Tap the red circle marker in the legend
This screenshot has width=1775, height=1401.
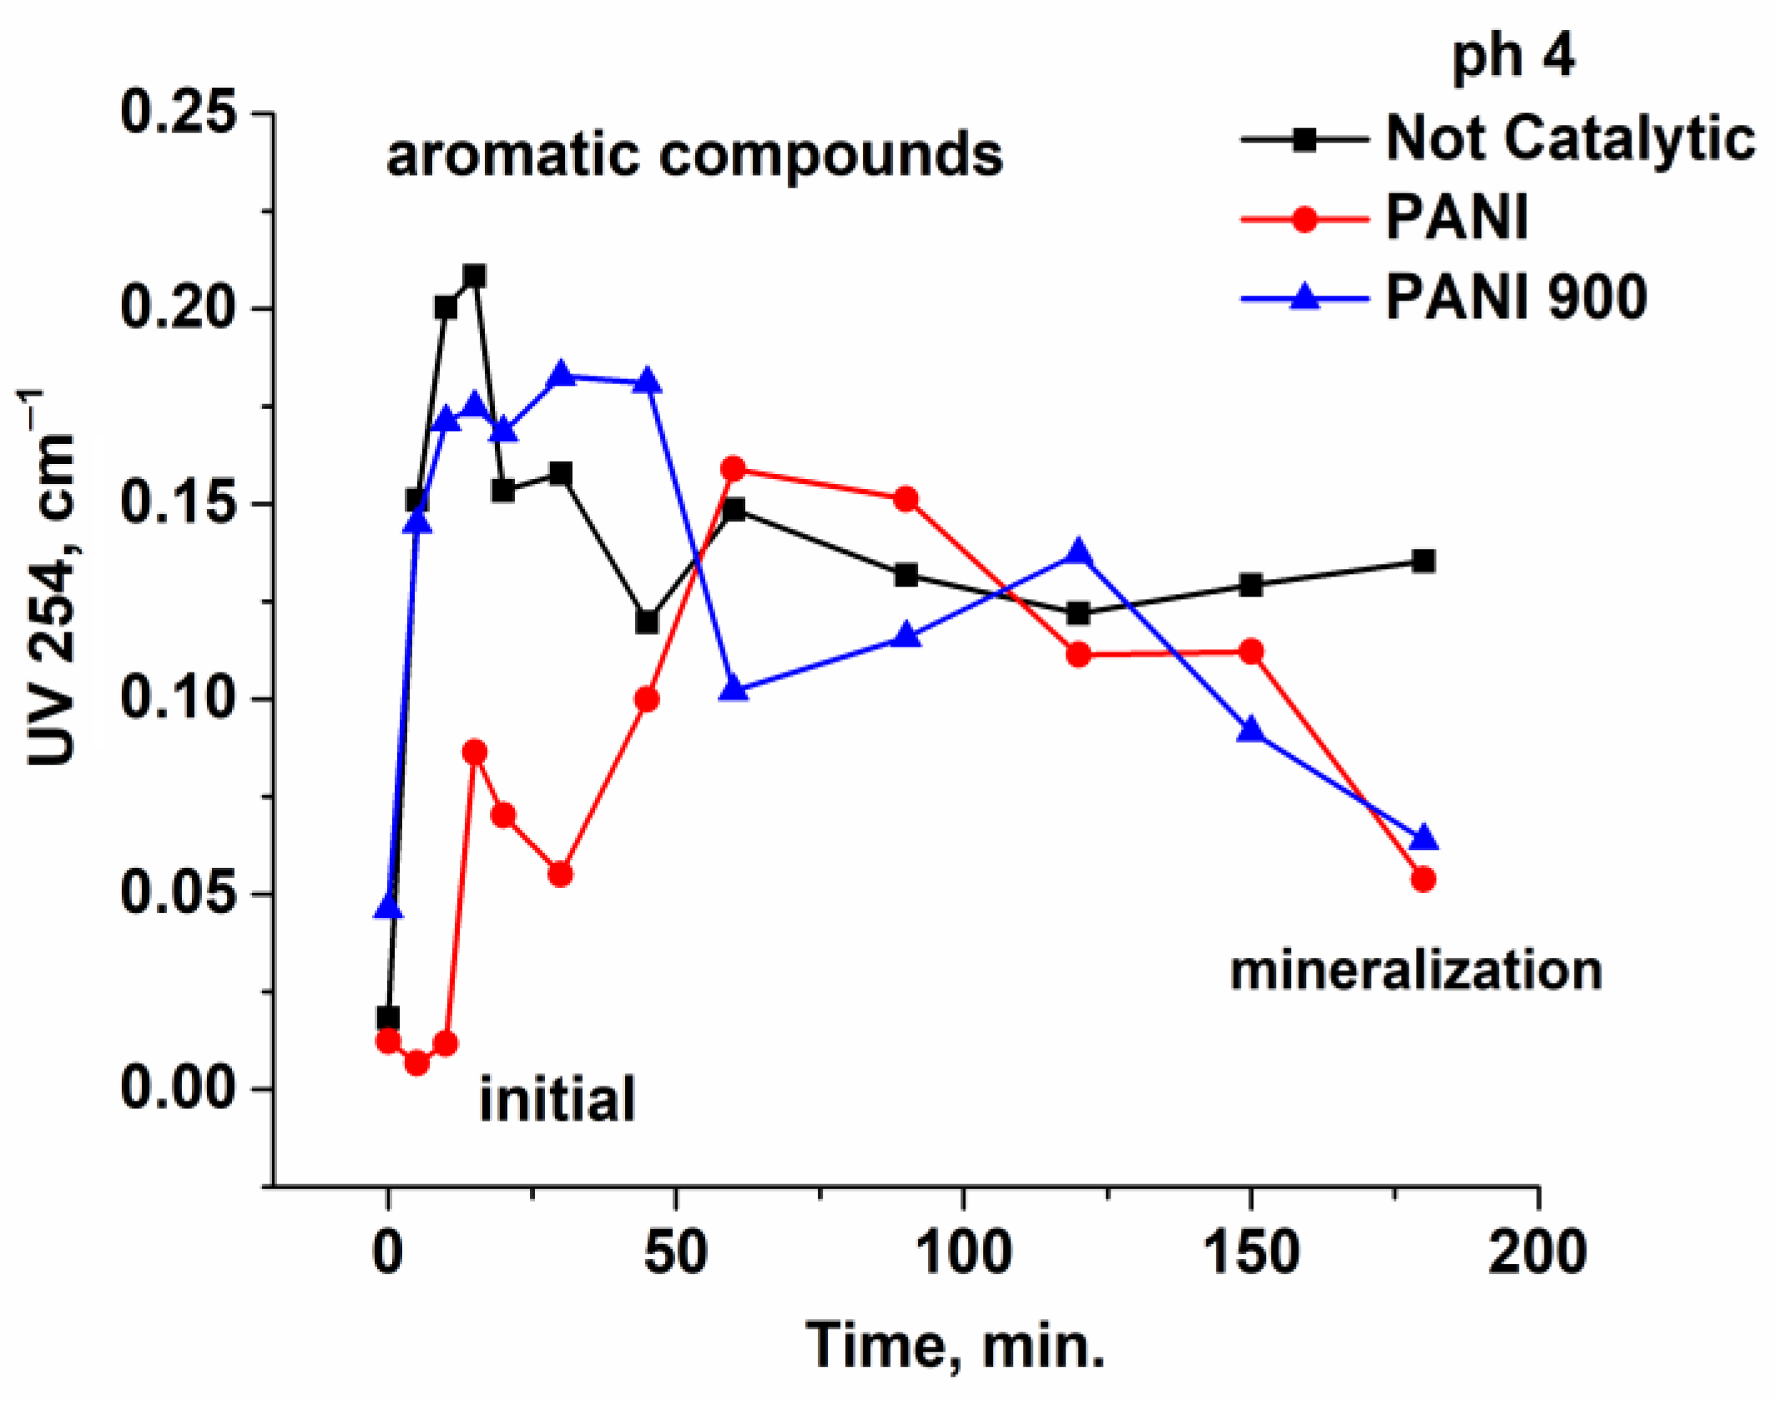tap(1304, 220)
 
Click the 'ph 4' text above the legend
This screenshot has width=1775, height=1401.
tap(1513, 57)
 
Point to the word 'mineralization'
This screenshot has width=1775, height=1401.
tap(1416, 971)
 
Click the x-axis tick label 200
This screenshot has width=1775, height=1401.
tap(1537, 1253)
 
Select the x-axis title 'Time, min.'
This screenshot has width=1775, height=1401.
tap(956, 1346)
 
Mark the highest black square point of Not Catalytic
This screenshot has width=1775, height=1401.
tap(474, 275)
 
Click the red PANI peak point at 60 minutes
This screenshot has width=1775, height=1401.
tap(734, 469)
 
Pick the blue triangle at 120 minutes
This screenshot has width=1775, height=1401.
tap(1078, 552)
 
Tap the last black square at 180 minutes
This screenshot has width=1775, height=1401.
tap(1424, 561)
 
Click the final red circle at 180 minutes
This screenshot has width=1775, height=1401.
tap(1424, 879)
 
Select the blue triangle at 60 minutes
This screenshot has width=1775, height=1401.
tap(734, 689)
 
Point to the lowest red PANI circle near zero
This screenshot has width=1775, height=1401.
tap(417, 1062)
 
